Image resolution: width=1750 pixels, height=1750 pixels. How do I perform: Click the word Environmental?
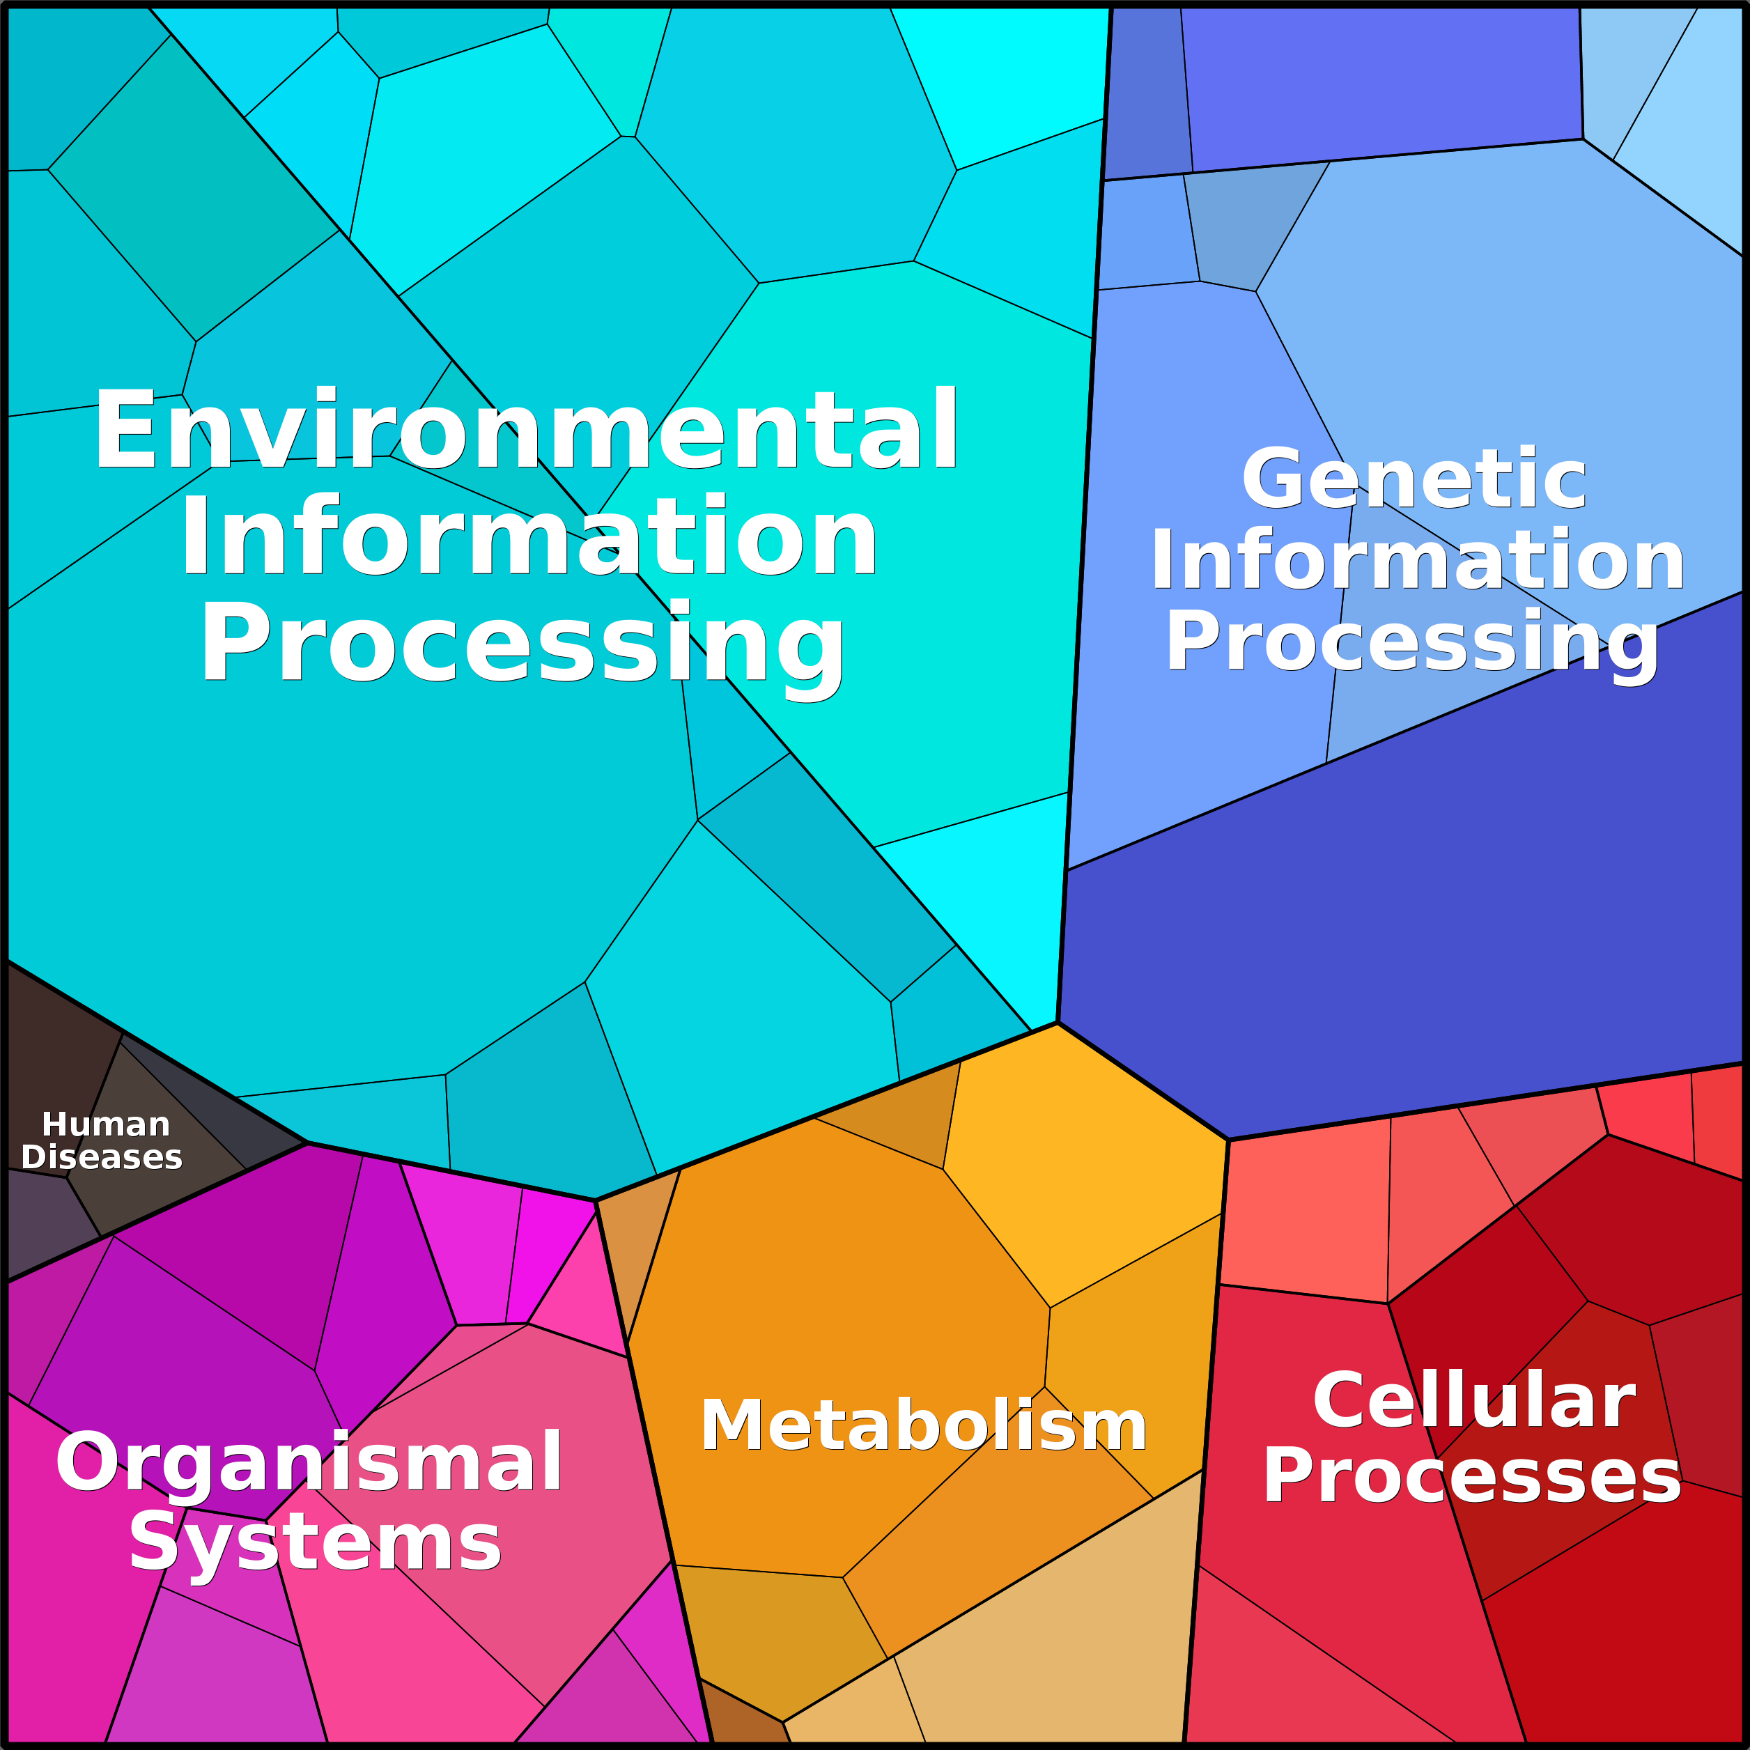point(525,429)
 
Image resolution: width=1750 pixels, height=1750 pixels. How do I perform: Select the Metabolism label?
point(923,1426)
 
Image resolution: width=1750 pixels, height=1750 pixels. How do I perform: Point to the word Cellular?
point(1473,1400)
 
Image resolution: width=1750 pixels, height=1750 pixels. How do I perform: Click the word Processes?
point(1472,1476)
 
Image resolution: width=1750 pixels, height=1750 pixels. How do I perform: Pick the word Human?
point(106,1124)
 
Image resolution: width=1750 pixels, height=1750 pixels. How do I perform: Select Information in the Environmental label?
point(529,536)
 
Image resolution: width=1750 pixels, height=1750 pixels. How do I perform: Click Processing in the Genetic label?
point(1411,642)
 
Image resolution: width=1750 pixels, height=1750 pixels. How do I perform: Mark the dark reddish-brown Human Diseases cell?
point(54,1060)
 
